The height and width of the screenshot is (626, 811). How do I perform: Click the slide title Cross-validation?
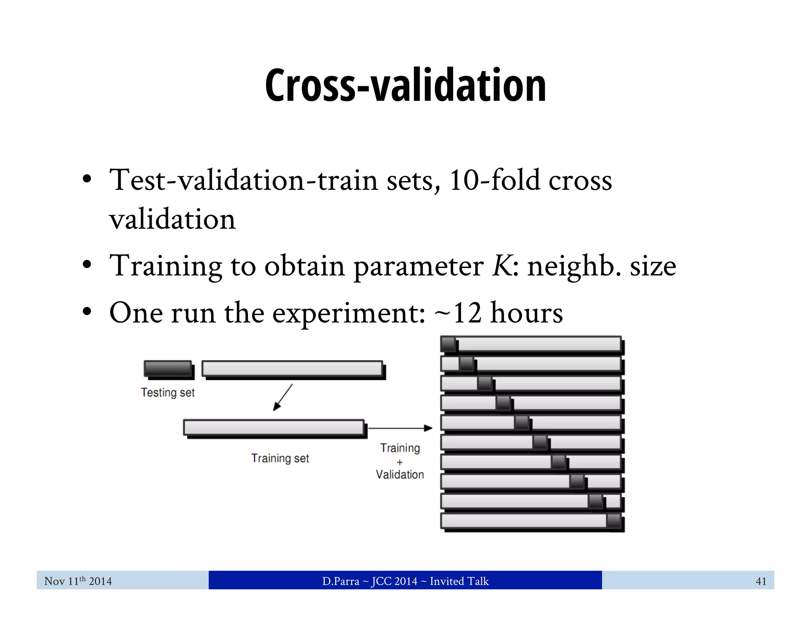click(405, 85)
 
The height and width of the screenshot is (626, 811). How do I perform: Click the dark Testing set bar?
click(168, 368)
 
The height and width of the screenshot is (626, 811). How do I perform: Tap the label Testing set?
click(168, 393)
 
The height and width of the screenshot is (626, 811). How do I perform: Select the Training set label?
click(280, 458)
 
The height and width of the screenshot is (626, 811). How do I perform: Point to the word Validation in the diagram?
click(400, 474)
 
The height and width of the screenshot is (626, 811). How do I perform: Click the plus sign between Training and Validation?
click(400, 462)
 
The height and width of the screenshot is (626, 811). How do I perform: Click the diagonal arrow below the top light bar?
click(283, 397)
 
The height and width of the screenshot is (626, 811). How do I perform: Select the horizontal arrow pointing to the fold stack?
click(400, 428)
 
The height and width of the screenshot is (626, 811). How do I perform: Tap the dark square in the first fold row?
click(449, 344)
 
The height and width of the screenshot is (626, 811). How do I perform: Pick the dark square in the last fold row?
click(614, 521)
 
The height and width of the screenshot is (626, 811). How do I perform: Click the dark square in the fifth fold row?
click(522, 423)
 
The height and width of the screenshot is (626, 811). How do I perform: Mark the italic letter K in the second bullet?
click(502, 266)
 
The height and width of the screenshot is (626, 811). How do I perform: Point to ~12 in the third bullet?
click(458, 313)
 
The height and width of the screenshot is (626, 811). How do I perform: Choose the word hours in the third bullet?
click(526, 313)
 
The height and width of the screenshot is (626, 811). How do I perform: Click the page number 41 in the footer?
click(761, 581)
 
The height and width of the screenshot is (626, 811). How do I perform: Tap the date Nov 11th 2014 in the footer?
click(78, 581)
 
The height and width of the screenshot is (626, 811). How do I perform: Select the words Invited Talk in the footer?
click(459, 581)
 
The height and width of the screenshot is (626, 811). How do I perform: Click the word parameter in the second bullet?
click(418, 266)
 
